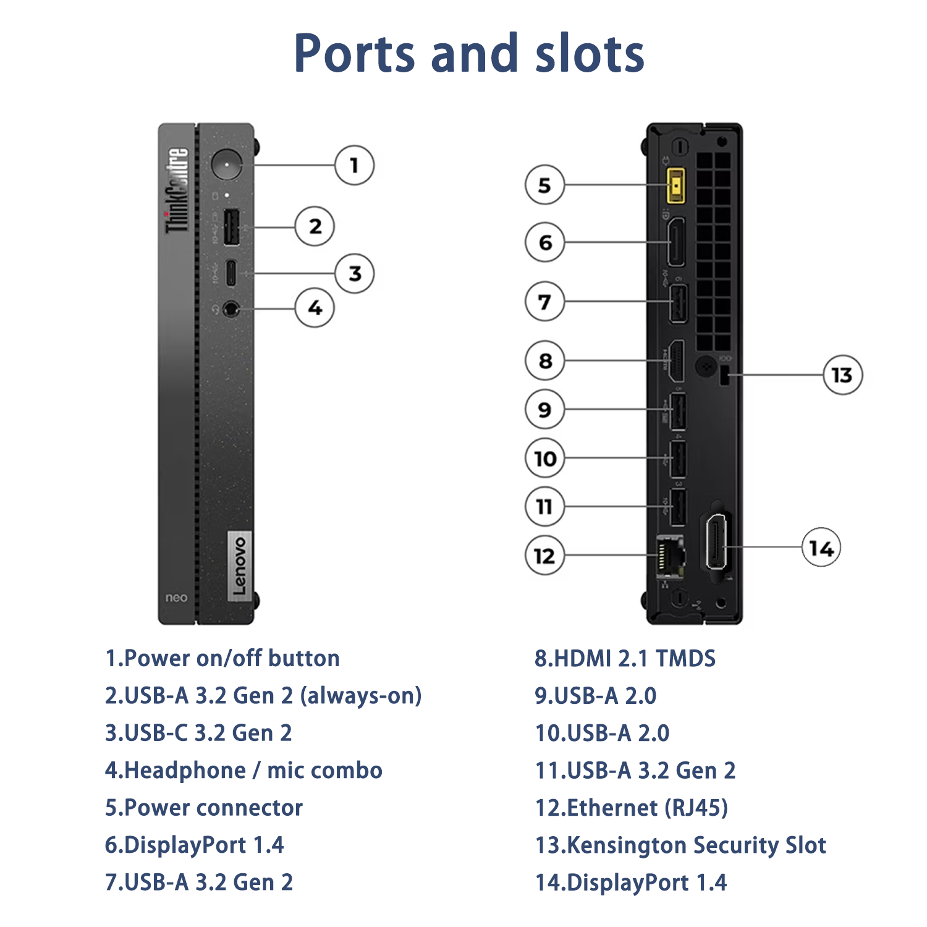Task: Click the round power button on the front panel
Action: (x=227, y=164)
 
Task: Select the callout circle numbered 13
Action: (x=842, y=375)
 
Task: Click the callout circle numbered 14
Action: (x=821, y=548)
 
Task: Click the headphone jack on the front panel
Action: (x=231, y=308)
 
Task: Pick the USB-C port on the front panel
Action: (x=231, y=273)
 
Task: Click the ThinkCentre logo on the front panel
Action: (x=177, y=190)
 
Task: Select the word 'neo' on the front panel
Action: (x=176, y=598)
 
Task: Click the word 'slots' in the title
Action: (x=590, y=54)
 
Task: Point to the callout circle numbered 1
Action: (x=354, y=165)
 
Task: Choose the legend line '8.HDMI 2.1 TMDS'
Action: (x=625, y=659)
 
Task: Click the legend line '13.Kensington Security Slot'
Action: (x=680, y=845)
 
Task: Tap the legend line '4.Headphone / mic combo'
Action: (x=243, y=771)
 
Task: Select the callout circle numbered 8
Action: (x=544, y=360)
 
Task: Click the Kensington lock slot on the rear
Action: (x=725, y=376)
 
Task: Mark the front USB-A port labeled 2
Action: (x=231, y=227)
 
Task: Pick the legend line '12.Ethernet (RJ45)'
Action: (x=631, y=808)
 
